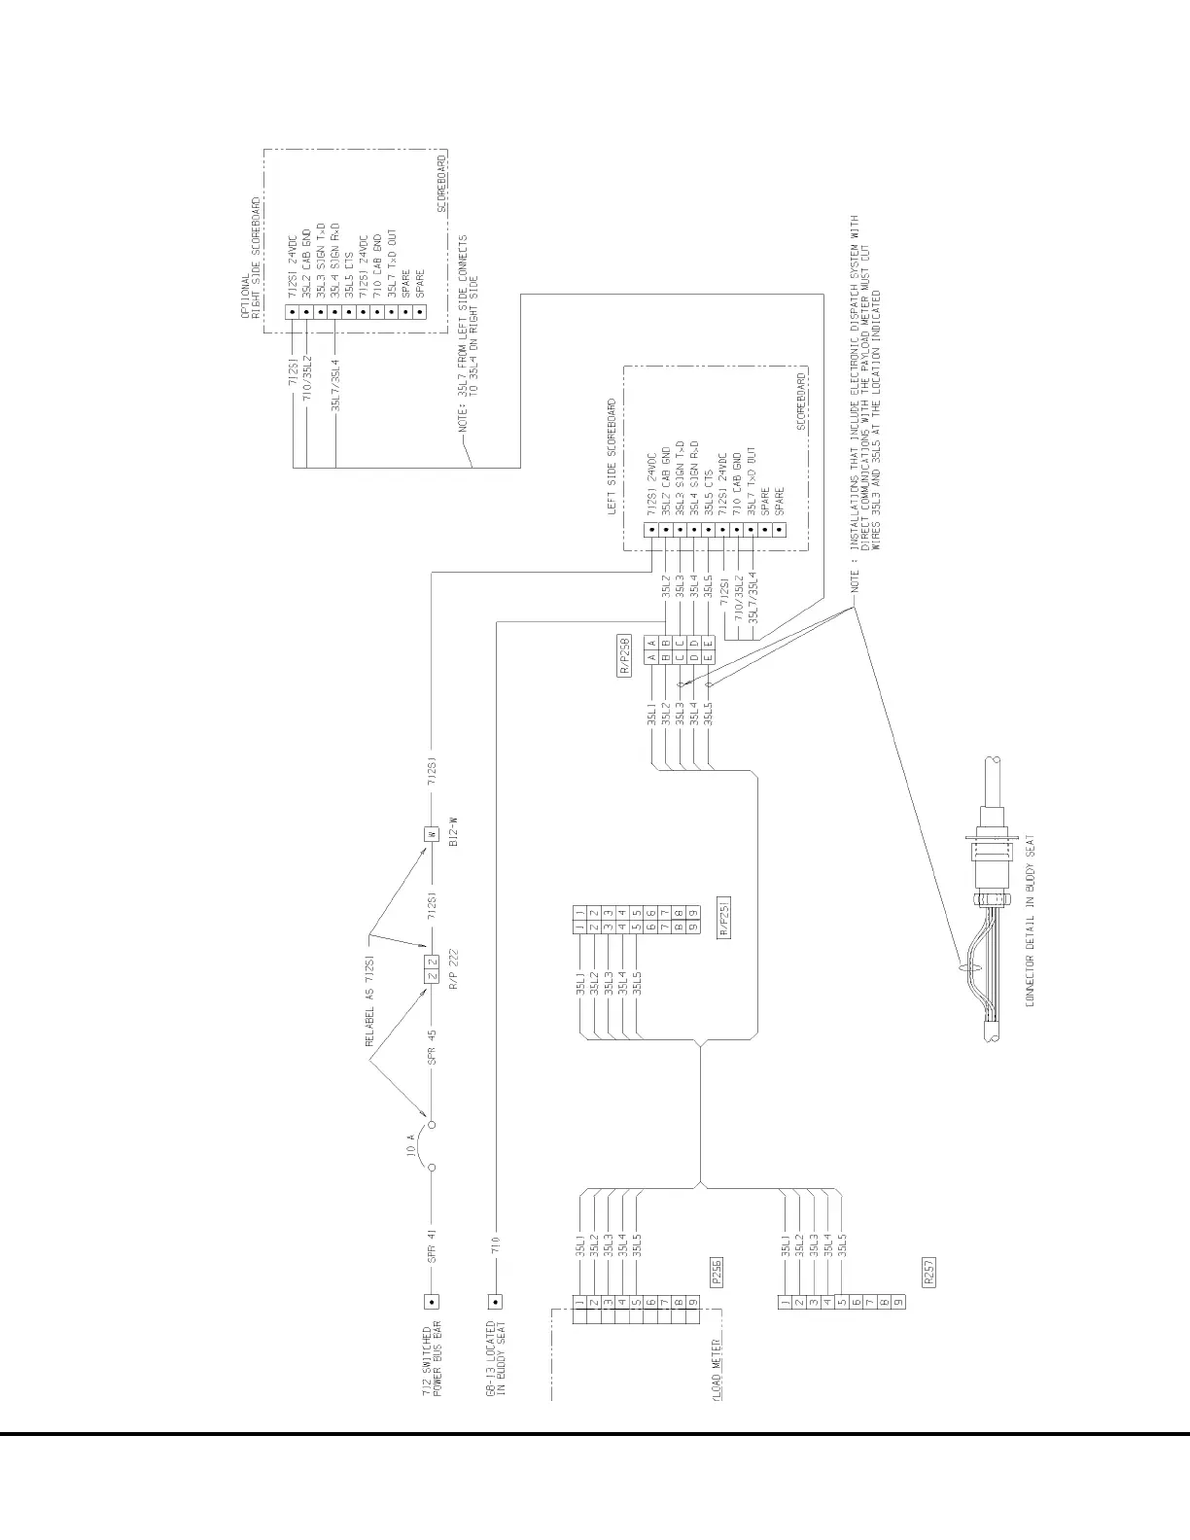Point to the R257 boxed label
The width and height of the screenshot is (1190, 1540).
929,1272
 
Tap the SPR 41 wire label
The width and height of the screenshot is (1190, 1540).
432,1245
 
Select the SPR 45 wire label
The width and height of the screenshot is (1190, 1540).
432,1052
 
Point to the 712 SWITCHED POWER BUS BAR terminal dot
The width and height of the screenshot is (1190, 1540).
433,1301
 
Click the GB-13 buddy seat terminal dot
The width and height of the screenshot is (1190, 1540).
496,1301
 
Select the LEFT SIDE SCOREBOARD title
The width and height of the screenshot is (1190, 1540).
612,457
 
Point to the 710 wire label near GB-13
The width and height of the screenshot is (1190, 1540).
496,1245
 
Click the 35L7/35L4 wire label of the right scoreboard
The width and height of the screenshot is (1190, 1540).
335,385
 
